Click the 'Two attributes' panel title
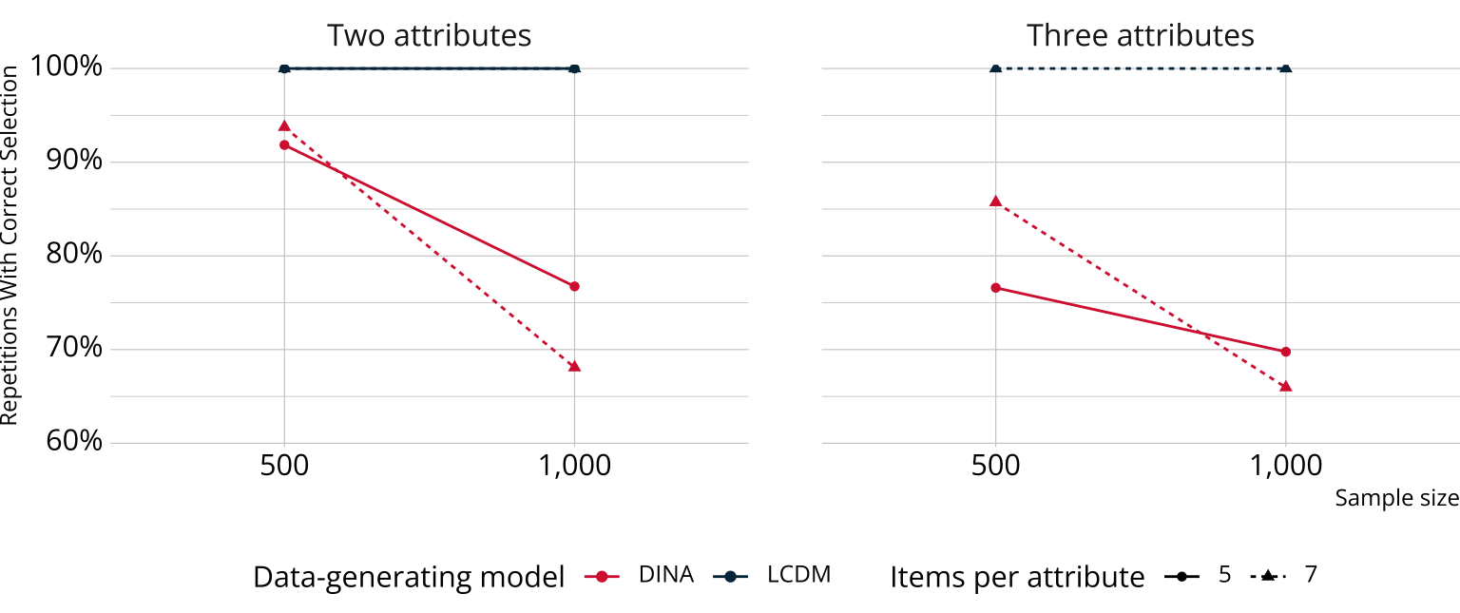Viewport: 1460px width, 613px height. pyautogui.click(x=429, y=36)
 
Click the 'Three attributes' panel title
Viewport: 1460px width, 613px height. pyautogui.click(x=1140, y=36)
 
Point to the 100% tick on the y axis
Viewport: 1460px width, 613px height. pyautogui.click(x=66, y=68)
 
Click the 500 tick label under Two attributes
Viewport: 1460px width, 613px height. pyautogui.click(x=284, y=466)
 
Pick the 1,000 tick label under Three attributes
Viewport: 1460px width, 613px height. pyautogui.click(x=1285, y=466)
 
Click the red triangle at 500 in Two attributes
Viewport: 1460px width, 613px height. pyautogui.click(x=284, y=125)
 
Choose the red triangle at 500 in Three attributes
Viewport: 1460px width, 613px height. pyautogui.click(x=995, y=201)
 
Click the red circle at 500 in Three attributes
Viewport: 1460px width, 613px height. pyautogui.click(x=995, y=288)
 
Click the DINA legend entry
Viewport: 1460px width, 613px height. pyautogui.click(x=665, y=575)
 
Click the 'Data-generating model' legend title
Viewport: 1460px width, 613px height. pyautogui.click(x=409, y=577)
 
